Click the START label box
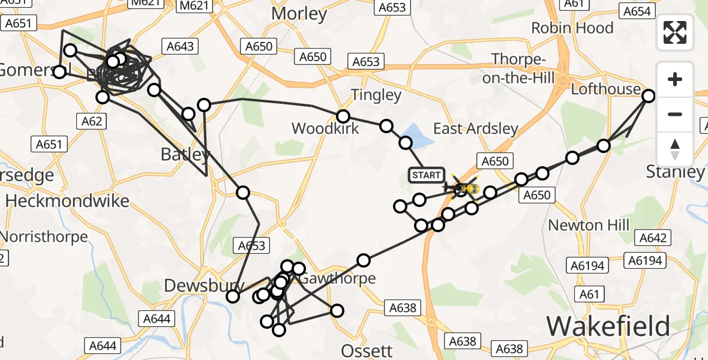427,175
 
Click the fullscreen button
675,32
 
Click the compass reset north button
675,149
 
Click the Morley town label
299,13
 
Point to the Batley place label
185,154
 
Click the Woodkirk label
325,128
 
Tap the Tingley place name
376,95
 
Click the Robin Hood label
572,28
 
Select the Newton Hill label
589,225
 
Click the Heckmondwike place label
67,200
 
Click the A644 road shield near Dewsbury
157,319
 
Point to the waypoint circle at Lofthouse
649,96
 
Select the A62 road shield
92,122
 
